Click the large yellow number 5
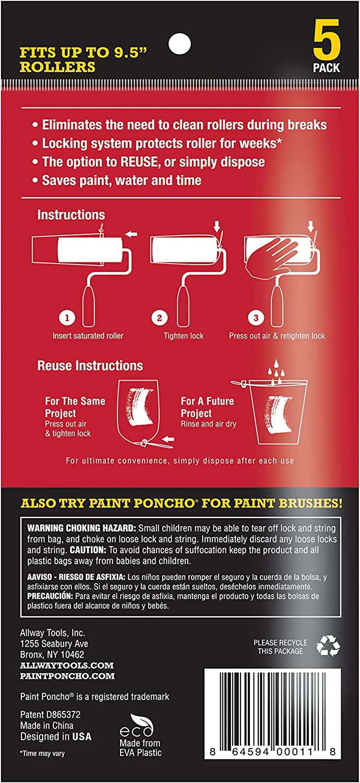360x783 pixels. [327, 39]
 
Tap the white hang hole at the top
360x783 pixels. [179, 44]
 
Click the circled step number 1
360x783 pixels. [67, 318]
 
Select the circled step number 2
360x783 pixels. [159, 318]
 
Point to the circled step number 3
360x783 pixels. [256, 318]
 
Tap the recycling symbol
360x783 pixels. [328, 645]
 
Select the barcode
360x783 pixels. [273, 714]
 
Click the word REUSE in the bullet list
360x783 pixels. [139, 162]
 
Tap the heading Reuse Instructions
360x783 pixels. [90, 365]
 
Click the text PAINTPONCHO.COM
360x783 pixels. [67, 676]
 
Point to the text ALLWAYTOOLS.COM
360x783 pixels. [67, 665]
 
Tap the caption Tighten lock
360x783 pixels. [184, 336]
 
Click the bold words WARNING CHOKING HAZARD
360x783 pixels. [81, 528]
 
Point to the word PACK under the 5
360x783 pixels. [326, 67]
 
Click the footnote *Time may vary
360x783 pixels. [42, 753]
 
